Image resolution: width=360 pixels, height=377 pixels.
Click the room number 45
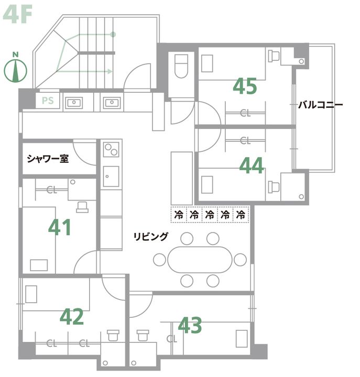click(245, 86)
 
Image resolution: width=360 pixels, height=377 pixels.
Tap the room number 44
click(252, 165)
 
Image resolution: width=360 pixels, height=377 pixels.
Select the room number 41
click(60, 227)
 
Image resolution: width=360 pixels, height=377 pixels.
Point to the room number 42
click(72, 317)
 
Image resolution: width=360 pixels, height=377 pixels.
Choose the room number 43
click(190, 325)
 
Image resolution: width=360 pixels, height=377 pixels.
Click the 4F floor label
click(18, 15)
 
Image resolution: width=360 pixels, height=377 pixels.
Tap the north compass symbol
click(16, 68)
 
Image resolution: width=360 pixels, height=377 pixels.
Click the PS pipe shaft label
click(48, 101)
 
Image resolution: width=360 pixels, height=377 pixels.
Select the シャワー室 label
click(48, 159)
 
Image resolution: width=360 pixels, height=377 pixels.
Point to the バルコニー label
click(320, 105)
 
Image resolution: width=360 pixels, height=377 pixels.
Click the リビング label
click(151, 237)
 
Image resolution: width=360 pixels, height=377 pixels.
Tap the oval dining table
click(200, 259)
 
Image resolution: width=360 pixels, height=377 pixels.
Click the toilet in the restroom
click(181, 65)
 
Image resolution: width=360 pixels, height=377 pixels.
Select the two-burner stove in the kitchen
click(111, 150)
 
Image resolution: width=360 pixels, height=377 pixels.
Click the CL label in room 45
click(245, 113)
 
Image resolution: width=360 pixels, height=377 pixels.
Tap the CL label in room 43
click(172, 339)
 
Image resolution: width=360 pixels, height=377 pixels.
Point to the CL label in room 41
click(52, 190)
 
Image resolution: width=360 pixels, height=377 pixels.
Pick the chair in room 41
click(82, 207)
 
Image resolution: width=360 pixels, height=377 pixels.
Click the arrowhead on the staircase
click(110, 71)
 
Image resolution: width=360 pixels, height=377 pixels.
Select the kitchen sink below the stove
click(111, 176)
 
